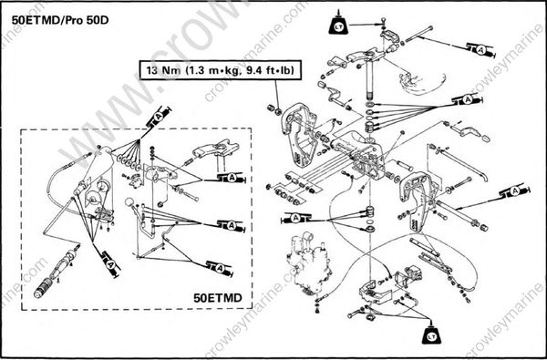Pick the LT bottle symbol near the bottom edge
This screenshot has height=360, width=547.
pyautogui.click(x=435, y=334)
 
